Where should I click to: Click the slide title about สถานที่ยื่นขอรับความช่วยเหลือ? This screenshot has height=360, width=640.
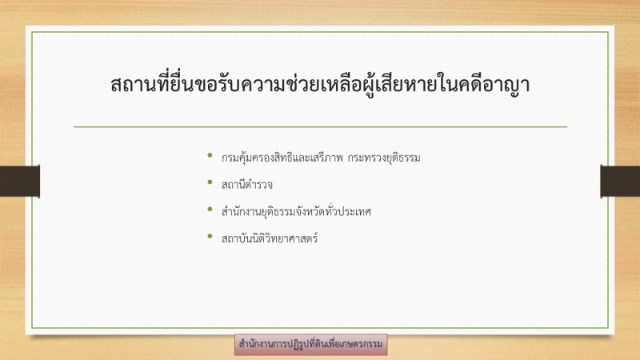pos(320,84)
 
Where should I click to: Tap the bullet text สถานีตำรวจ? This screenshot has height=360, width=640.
pos(247,185)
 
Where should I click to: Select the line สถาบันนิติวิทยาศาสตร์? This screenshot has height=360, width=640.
pos(270,238)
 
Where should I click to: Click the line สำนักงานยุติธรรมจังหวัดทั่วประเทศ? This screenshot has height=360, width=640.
pos(296,211)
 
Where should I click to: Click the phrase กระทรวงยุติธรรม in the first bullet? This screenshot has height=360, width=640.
pos(384,158)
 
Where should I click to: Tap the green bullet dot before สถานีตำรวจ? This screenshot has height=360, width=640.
pos(210,182)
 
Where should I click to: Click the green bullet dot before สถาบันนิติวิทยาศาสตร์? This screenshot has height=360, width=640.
pos(210,235)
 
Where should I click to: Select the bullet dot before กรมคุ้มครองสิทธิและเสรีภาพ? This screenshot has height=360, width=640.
pos(210,154)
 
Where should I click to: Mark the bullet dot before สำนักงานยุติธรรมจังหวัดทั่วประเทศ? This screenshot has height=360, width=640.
pos(210,209)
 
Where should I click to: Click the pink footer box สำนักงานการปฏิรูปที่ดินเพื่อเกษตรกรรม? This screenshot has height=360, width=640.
pos(310,344)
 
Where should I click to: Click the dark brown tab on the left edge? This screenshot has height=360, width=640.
pos(19,182)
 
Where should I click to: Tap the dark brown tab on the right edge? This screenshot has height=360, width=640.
pos(620,182)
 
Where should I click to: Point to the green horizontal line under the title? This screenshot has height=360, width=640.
pos(321,127)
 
